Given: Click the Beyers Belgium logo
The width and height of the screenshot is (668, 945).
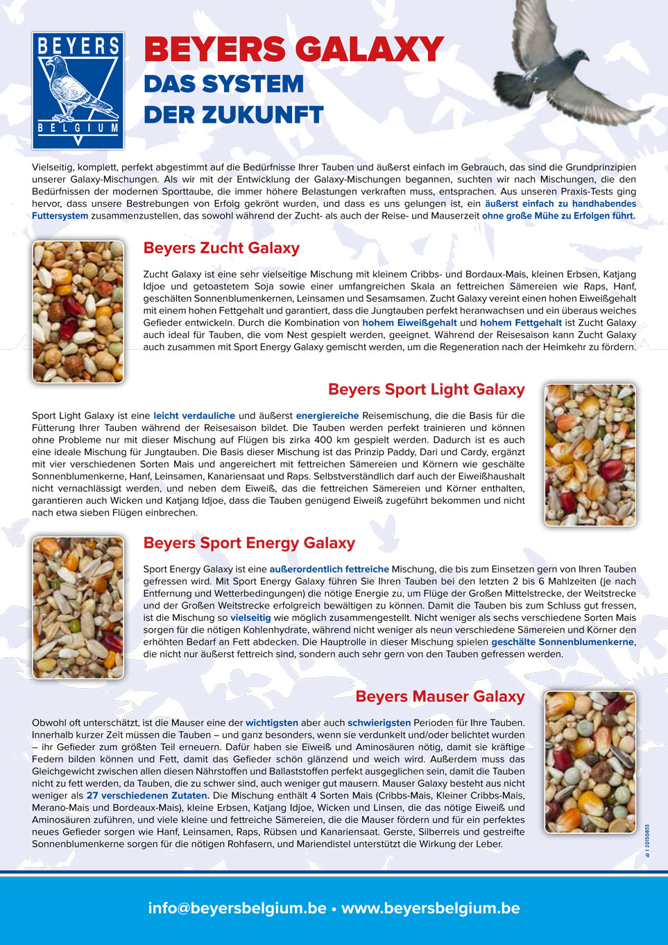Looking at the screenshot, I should (78, 90).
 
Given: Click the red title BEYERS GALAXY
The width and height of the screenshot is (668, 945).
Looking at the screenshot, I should (293, 50).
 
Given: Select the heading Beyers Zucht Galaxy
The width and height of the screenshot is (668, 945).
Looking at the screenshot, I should (221, 248).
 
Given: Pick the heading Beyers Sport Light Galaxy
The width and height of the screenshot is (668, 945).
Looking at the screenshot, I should (426, 390).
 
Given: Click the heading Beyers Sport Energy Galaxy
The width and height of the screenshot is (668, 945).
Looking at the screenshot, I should (249, 543).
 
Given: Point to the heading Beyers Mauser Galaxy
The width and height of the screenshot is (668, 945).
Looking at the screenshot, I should (440, 697).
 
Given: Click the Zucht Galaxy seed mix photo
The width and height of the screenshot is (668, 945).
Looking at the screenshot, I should (78, 312).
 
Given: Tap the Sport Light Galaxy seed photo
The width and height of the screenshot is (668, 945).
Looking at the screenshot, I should (590, 454).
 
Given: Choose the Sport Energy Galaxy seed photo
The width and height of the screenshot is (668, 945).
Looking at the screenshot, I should (78, 607).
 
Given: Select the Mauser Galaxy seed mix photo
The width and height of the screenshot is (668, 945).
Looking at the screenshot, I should (590, 762).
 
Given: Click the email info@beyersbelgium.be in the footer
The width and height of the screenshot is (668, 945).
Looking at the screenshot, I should (237, 908).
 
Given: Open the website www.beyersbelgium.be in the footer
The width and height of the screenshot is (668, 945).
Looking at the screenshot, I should (430, 908).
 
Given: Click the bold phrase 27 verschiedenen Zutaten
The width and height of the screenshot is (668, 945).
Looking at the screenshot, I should (148, 796).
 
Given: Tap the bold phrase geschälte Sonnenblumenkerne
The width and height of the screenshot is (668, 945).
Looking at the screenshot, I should (563, 642).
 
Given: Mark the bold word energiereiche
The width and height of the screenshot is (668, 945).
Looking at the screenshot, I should (327, 416).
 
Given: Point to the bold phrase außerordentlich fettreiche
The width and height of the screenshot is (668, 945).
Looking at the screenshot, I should (329, 570).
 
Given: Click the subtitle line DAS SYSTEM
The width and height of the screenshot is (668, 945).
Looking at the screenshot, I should (223, 85).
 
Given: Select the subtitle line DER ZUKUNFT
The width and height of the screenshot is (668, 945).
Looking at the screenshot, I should (234, 115).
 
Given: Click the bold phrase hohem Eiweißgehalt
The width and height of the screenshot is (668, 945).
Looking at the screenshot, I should (409, 323).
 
